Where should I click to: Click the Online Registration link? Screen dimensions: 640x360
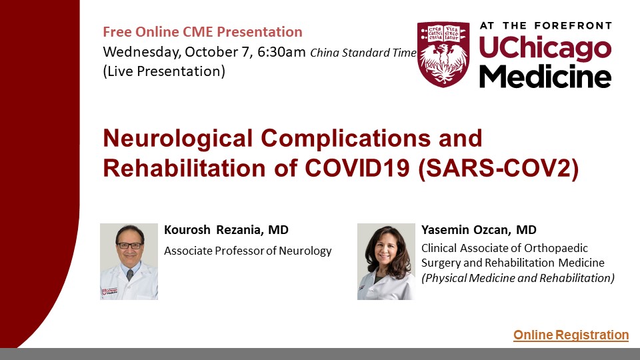click(x=571, y=335)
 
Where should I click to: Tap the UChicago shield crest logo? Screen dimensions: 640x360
click(x=443, y=54)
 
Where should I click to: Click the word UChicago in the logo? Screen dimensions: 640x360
click(x=545, y=48)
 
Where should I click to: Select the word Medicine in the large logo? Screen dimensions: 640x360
click(x=545, y=76)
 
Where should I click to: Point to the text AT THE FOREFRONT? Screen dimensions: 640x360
click(x=546, y=26)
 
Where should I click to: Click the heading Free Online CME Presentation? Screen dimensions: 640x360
click(x=203, y=32)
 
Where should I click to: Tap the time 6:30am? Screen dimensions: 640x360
click(x=281, y=52)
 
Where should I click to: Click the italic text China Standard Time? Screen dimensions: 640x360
click(x=363, y=53)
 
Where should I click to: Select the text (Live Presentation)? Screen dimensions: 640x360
click(x=164, y=71)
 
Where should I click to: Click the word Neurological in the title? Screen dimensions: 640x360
click(x=178, y=139)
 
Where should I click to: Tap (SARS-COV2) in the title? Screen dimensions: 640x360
click(x=499, y=168)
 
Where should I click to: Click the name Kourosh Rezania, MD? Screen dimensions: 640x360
click(x=226, y=230)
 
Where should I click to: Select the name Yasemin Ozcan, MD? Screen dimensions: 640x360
click(x=479, y=230)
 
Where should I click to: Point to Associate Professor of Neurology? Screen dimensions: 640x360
click(x=248, y=251)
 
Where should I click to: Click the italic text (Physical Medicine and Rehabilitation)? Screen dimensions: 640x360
click(x=518, y=279)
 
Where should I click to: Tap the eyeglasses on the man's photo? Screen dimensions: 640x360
click(x=130, y=246)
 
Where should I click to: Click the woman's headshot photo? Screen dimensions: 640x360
click(x=386, y=261)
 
